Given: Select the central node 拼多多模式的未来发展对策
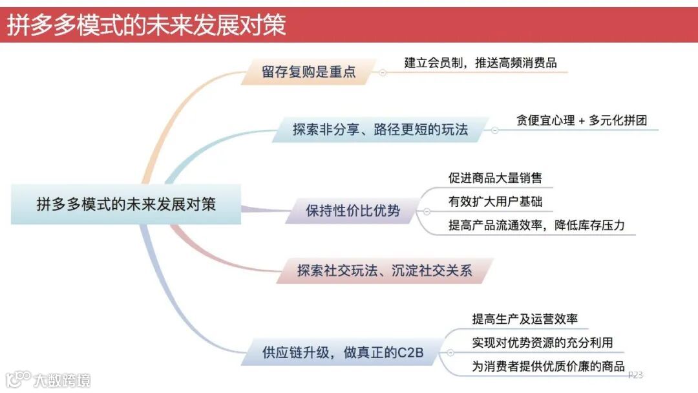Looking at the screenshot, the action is point(126,204).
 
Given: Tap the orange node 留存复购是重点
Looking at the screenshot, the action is point(309,72).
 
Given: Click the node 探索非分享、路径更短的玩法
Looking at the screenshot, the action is point(380,129).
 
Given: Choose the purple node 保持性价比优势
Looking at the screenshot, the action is point(353,211).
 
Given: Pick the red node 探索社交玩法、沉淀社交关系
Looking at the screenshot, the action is point(385,271).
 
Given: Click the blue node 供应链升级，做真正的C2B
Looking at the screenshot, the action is point(343,353).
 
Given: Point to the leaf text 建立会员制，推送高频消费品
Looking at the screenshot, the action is point(480,63).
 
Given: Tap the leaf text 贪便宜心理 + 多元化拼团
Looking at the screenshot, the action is point(582,120).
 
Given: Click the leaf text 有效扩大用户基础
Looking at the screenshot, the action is point(495,202).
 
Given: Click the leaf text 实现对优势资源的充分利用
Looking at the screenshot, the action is point(542,342).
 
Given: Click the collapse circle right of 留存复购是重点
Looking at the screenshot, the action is point(383,72).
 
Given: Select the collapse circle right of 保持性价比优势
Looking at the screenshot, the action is point(427,211).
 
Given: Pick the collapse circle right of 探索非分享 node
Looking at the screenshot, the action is point(495,130).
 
